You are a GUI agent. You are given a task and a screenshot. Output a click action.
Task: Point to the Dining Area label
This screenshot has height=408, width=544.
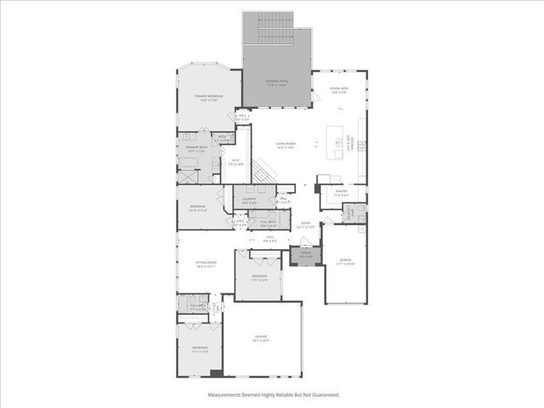tap(338, 91)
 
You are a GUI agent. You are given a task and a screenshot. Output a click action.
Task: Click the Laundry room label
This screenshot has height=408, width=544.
tap(248, 201)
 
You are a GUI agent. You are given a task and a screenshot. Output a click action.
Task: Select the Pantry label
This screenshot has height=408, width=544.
tap(342, 194)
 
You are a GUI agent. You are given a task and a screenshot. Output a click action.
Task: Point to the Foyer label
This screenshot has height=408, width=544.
tap(305, 225)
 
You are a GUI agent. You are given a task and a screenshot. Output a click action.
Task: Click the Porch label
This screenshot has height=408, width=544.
tap(302, 254)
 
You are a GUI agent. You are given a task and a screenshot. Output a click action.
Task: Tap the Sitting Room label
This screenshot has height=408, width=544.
tap(207, 264)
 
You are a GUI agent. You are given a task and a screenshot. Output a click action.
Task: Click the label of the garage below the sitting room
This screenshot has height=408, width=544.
tap(261, 338)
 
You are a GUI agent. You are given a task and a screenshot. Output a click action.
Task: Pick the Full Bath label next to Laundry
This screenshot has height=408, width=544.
tap(269, 223)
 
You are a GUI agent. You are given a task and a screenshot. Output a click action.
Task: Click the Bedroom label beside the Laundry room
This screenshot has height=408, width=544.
tap(197, 208)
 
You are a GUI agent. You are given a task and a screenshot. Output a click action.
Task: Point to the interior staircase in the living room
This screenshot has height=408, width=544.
tap(265, 173)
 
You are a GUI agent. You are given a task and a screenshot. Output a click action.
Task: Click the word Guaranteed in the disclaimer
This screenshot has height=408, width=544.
tap(323, 395)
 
